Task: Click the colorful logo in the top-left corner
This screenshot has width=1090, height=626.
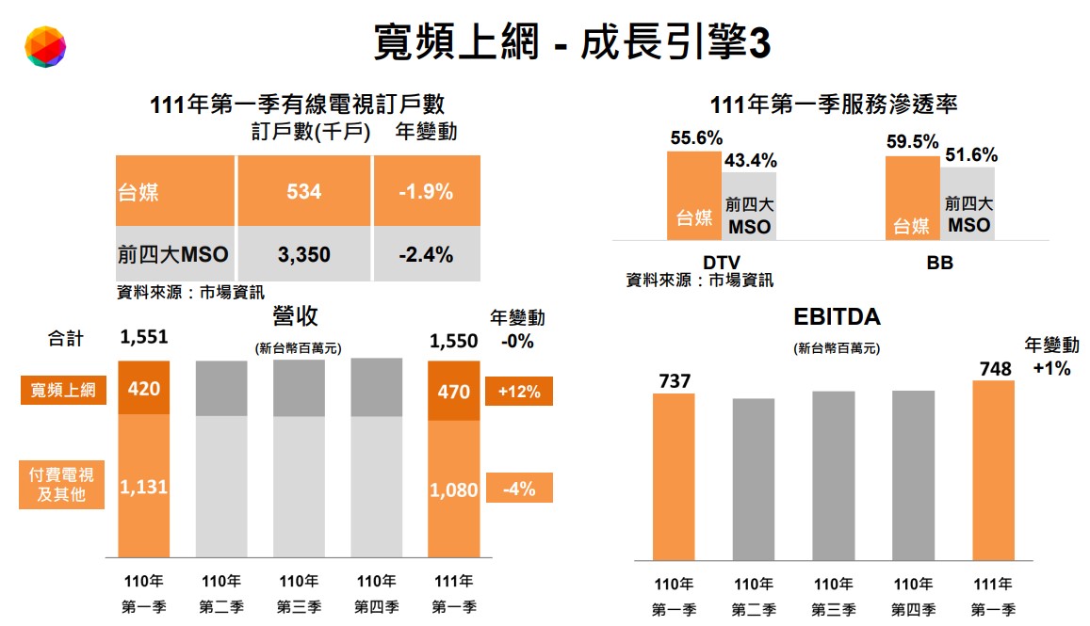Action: [x=45, y=47]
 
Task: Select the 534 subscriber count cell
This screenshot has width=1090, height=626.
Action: [x=303, y=192]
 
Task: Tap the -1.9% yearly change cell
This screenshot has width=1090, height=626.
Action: [x=426, y=192]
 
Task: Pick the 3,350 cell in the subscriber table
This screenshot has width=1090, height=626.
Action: [x=303, y=254]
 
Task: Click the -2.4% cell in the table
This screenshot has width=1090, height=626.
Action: [x=426, y=254]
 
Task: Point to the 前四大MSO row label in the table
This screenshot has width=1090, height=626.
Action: [x=173, y=254]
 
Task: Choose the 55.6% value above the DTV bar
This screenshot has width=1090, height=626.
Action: [x=696, y=137]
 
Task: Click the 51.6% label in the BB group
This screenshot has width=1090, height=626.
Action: [x=971, y=155]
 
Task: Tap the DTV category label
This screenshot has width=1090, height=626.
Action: [x=722, y=263]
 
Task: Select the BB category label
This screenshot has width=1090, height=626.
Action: [x=939, y=263]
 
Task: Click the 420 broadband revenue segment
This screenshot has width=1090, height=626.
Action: [x=143, y=389]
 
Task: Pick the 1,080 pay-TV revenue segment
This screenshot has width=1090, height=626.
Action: [x=453, y=490]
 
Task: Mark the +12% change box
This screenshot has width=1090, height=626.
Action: [x=518, y=392]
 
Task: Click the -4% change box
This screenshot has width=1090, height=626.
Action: [x=518, y=489]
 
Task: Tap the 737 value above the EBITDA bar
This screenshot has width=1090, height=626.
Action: [x=674, y=381]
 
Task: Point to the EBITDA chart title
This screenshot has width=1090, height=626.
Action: [x=837, y=317]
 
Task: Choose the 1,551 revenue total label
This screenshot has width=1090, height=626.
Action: [x=143, y=340]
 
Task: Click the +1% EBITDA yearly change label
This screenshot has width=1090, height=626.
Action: [x=1051, y=368]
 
